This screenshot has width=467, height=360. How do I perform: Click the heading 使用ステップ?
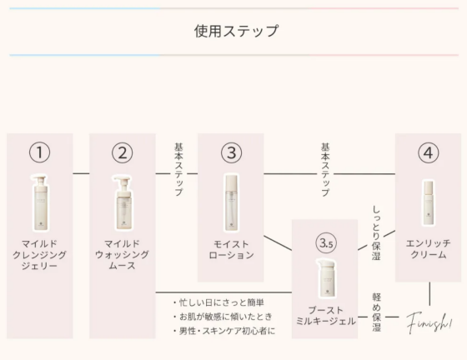236,31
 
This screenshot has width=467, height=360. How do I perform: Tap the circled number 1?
40,152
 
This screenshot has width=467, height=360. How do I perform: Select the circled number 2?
123,152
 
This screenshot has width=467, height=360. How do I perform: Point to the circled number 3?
232,152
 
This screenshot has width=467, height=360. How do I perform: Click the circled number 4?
429,152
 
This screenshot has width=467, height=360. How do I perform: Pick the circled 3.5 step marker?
326,243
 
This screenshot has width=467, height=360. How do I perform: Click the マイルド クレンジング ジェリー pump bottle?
40,202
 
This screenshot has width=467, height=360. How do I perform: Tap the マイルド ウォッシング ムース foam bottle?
122,202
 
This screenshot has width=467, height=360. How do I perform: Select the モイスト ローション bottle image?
232,202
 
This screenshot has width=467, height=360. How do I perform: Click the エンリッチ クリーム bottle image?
429,202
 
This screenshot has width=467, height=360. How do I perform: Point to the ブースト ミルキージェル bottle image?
325,277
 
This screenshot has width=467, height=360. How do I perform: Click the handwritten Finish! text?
429,322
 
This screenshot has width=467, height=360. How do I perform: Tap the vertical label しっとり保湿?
376,233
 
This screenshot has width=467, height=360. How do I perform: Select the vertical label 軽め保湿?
376,312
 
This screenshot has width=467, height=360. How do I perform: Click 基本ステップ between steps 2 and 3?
178,170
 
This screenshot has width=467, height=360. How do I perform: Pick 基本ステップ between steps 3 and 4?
325,170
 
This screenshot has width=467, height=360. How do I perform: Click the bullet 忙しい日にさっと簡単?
218,302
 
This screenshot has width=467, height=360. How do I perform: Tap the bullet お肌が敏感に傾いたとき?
223,317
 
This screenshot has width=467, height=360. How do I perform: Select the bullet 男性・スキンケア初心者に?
224,331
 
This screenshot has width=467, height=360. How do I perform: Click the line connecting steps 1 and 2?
82,173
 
